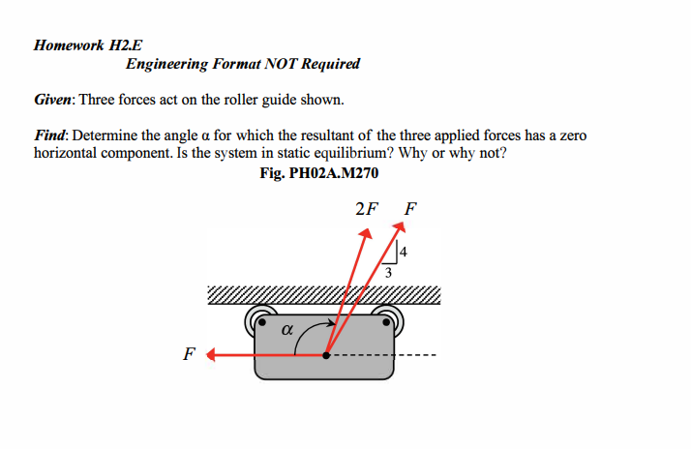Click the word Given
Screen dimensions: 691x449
point(53,101)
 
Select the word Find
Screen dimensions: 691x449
point(50,136)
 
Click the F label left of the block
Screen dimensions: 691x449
point(188,354)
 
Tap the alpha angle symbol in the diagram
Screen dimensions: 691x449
point(285,329)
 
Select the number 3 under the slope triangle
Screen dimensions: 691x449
point(388,274)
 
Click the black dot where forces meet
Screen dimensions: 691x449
point(326,355)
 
